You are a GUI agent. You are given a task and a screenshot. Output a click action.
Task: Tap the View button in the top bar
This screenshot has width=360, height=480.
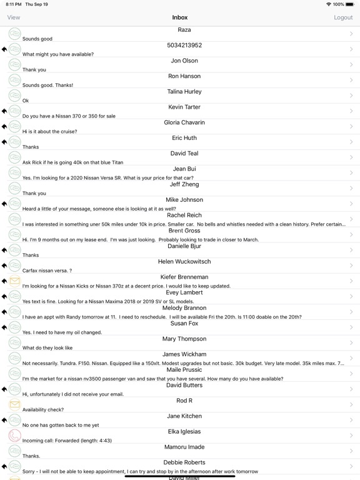[x=13, y=17]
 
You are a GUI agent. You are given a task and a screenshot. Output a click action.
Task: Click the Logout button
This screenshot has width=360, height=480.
[x=343, y=17]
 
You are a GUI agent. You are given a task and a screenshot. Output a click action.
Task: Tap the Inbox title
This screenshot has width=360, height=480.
[x=180, y=17]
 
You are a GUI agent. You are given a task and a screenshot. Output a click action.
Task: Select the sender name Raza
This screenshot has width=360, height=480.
[x=184, y=30]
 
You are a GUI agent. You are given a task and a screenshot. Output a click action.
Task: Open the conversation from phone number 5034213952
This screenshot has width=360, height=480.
[x=184, y=46]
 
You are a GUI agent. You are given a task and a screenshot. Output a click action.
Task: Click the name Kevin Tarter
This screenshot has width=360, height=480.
[x=184, y=107]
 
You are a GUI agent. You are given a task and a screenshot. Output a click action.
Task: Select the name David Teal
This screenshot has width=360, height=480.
[x=184, y=154]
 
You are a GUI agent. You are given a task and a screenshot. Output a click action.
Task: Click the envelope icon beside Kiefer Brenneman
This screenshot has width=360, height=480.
[x=14, y=281]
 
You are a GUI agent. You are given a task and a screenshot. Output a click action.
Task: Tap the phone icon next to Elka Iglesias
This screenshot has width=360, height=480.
[x=14, y=436]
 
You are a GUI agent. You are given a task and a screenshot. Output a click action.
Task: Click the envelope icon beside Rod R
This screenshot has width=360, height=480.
[x=14, y=405]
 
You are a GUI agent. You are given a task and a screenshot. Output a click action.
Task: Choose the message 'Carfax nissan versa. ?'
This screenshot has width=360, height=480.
[x=47, y=271]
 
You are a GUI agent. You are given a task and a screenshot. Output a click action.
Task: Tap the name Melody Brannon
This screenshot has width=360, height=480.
[x=184, y=308]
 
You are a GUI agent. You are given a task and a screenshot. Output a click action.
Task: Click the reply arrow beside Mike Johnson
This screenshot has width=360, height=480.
[x=4, y=204]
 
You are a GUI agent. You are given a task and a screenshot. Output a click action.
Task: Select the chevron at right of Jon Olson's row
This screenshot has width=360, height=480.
[x=351, y=64]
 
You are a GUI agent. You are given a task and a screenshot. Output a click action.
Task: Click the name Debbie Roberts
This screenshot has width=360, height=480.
[x=184, y=462]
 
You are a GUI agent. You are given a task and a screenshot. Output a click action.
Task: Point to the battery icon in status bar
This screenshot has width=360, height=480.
[x=351, y=4]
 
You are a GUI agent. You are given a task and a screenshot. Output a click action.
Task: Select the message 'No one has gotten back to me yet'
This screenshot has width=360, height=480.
[x=61, y=425]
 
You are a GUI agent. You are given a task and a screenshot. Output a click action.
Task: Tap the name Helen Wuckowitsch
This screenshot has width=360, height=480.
[x=184, y=262]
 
